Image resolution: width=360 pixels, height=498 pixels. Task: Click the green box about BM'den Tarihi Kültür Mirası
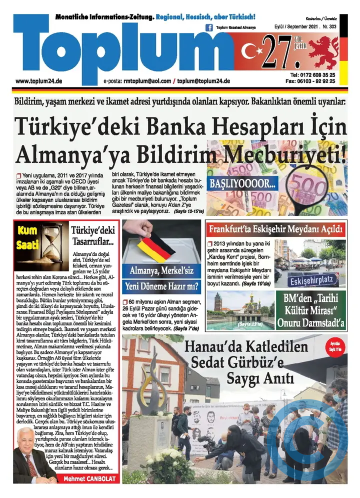(310, 309)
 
